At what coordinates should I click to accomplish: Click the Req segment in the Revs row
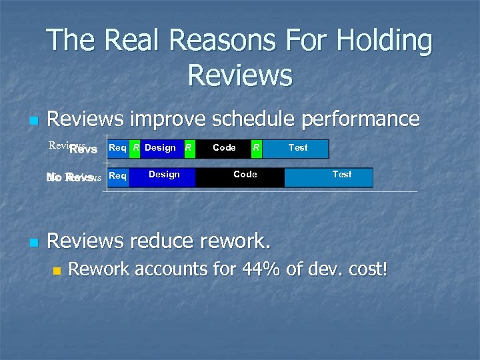(x=117, y=149)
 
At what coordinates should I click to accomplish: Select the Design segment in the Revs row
(x=161, y=149)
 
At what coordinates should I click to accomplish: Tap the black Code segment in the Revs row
(x=223, y=149)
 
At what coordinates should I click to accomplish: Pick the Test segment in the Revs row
(x=297, y=149)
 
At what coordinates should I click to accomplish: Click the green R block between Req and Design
(x=135, y=149)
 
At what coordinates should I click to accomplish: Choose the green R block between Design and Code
(x=189, y=149)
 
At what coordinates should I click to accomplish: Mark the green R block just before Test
(x=256, y=149)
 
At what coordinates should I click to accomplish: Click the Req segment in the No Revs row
(x=117, y=177)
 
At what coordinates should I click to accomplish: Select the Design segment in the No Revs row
(x=163, y=177)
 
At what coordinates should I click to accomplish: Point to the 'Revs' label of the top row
(x=83, y=149)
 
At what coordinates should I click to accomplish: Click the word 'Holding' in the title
(x=384, y=41)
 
